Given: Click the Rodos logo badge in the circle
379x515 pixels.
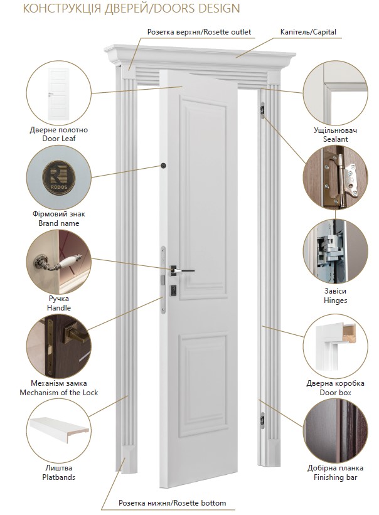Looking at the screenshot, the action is [59, 178].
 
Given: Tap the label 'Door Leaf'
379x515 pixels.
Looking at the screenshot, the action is [59, 139].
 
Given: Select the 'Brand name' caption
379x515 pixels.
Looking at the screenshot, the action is [59, 223].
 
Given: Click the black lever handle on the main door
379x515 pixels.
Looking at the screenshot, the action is [182, 270].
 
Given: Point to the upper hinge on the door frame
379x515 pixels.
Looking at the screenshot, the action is [262, 109].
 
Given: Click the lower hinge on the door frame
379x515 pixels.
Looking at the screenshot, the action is [262, 420].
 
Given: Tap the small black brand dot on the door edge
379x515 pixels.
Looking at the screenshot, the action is [164, 165].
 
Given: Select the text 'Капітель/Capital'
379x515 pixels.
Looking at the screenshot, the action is [308, 32].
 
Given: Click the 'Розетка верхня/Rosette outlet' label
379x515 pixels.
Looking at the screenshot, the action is [199, 32].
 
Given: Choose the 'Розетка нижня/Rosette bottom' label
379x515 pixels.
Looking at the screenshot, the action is [173, 503].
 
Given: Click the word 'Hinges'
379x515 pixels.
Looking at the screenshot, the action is [335, 300].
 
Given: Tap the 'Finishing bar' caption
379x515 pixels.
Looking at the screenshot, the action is [335, 477].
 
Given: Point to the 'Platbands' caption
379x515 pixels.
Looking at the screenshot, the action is [59, 477].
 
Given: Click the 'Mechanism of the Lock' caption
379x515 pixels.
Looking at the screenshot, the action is [59, 393].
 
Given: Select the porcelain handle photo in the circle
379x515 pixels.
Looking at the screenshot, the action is [59, 262].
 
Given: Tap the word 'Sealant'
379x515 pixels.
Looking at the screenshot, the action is [335, 139].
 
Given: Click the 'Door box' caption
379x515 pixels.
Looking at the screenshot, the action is [335, 393].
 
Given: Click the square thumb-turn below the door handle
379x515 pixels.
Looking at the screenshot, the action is [173, 291].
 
